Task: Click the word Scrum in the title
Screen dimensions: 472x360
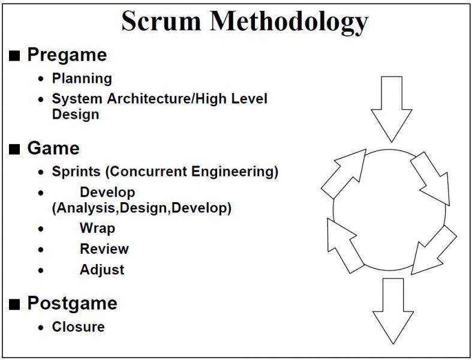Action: (161, 21)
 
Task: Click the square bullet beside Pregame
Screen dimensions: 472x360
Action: (14, 56)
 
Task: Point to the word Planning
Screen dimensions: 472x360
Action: (82, 79)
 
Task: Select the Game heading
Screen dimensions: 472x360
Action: (53, 148)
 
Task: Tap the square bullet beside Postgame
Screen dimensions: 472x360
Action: (14, 304)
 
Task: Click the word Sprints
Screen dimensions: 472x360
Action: (76, 172)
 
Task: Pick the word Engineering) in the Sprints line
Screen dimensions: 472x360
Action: (235, 172)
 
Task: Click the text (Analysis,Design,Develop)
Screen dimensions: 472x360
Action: (142, 208)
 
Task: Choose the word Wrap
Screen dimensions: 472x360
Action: (97, 229)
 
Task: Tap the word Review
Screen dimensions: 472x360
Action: (104, 249)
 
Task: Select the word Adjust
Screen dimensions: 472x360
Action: (102, 270)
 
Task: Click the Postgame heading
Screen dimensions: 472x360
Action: (72, 304)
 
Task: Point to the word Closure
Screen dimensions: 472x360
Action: (78, 327)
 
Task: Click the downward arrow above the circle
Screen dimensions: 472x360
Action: (391, 109)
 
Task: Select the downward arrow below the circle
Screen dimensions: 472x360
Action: (393, 311)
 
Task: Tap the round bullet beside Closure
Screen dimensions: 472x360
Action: (41, 328)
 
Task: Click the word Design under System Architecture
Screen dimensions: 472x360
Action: (76, 115)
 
